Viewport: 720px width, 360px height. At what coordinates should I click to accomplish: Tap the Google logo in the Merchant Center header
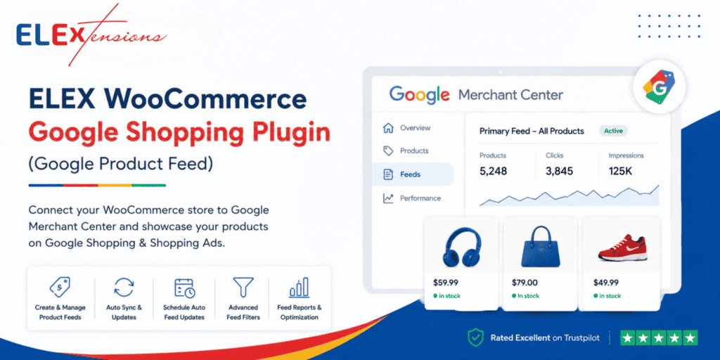[419, 95]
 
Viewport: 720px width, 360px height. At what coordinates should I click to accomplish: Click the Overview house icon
[388, 128]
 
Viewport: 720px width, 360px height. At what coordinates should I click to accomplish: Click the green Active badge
[613, 131]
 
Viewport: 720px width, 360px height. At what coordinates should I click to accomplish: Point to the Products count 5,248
[493, 172]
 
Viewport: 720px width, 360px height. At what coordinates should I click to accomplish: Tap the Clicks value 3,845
[559, 172]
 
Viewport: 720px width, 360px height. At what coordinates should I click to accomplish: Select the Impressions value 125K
[620, 172]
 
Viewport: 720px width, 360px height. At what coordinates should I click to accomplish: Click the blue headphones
[461, 247]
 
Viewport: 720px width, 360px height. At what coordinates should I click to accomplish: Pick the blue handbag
[541, 247]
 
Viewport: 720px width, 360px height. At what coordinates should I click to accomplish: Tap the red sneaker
[622, 248]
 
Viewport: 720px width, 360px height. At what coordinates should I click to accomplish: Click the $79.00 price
[525, 283]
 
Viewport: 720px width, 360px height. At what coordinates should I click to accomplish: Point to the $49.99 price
[605, 283]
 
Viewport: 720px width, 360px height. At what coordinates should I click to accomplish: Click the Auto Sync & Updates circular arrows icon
[124, 288]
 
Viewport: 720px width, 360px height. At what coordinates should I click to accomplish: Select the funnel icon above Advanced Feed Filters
[243, 288]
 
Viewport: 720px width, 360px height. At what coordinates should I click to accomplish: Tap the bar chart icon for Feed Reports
[300, 288]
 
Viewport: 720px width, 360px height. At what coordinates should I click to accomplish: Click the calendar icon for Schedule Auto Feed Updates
[184, 288]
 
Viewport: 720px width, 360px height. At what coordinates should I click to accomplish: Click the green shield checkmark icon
[475, 338]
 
